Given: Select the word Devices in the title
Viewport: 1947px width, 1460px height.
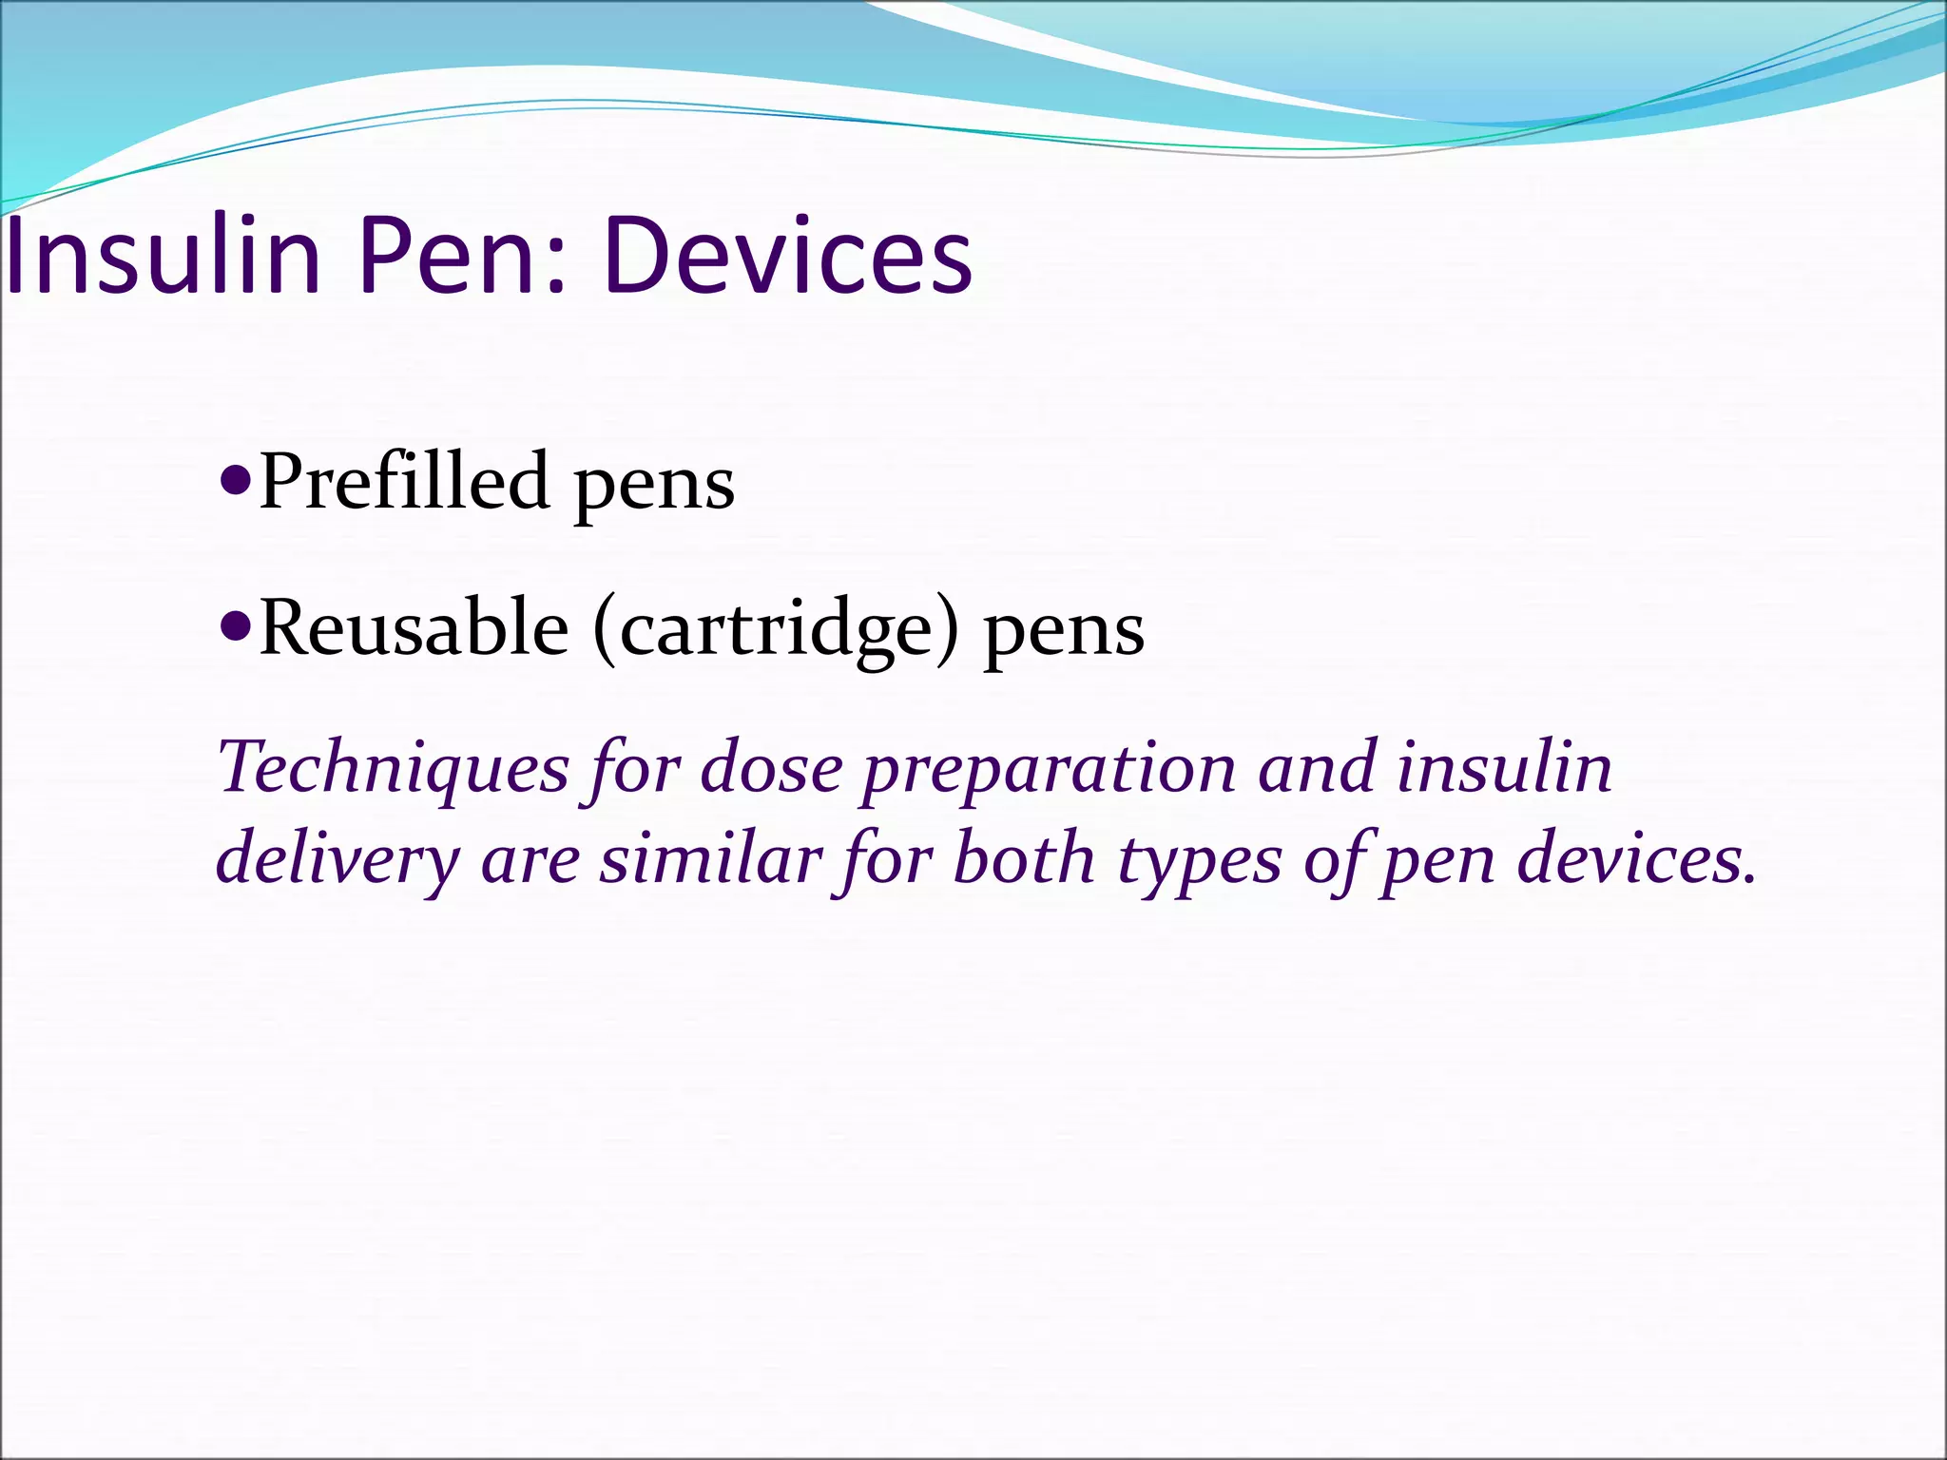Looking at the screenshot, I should [x=788, y=255].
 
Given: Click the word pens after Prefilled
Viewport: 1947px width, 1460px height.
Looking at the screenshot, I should [x=654, y=485].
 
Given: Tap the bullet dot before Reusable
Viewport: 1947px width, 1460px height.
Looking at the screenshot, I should [x=233, y=624].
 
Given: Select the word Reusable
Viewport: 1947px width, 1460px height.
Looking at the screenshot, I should [x=414, y=628].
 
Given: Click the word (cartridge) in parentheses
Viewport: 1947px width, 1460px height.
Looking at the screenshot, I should [x=776, y=630].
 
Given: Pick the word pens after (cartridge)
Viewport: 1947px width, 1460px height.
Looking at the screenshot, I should [x=1064, y=633].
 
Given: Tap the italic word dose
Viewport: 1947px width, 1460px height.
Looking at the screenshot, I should [x=771, y=767].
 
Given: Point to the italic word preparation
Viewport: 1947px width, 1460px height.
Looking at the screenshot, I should [x=1050, y=769].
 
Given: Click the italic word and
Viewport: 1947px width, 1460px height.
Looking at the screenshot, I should [x=1318, y=767].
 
